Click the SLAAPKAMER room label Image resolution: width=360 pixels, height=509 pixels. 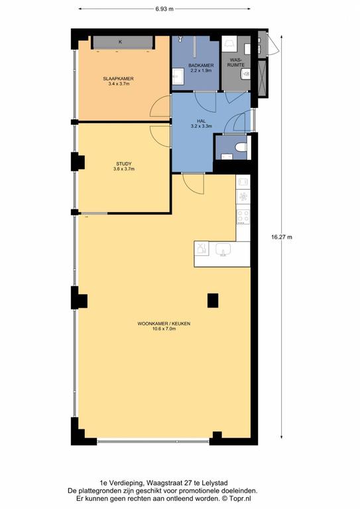point(119,79)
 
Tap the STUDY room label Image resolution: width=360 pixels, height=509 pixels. point(124,164)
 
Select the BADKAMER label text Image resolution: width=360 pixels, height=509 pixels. point(201,65)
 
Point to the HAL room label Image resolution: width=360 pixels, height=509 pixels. point(202,121)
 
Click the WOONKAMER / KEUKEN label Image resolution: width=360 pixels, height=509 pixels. point(164,323)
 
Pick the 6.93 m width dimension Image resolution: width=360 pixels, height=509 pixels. point(164,9)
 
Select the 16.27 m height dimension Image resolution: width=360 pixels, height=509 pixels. point(282,237)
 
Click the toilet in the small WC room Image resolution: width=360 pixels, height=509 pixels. point(241,147)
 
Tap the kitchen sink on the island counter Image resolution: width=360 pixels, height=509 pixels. point(223,249)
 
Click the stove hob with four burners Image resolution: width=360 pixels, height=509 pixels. point(243,217)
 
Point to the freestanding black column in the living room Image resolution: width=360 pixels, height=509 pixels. point(213,300)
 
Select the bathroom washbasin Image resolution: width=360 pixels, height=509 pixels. point(178,77)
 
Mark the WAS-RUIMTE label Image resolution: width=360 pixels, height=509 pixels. point(237,63)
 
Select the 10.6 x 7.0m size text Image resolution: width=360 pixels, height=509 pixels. point(164,329)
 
